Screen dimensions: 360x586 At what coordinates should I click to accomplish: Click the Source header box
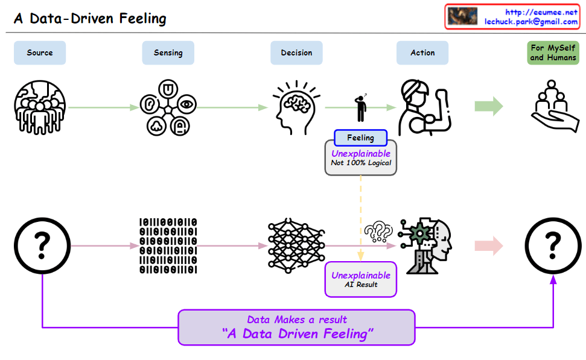click(40, 53)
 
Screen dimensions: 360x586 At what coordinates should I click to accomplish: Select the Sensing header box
click(168, 53)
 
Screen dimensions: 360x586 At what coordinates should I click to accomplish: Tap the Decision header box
click(296, 53)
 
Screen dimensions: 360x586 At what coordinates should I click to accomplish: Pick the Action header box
click(422, 53)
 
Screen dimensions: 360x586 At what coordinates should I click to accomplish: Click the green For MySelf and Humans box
click(553, 53)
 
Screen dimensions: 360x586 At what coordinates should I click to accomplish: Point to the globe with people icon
click(40, 107)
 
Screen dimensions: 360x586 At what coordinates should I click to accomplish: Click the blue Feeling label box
click(360, 138)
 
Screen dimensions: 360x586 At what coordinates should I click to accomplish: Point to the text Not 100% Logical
click(361, 163)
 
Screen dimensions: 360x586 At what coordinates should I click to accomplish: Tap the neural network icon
click(296, 245)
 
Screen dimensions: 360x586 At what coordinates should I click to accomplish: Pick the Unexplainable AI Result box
click(361, 279)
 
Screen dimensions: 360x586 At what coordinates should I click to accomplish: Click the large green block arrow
click(489, 107)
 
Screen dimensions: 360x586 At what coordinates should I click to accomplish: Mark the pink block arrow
click(489, 246)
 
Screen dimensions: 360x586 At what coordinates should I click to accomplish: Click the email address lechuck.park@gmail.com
click(531, 22)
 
